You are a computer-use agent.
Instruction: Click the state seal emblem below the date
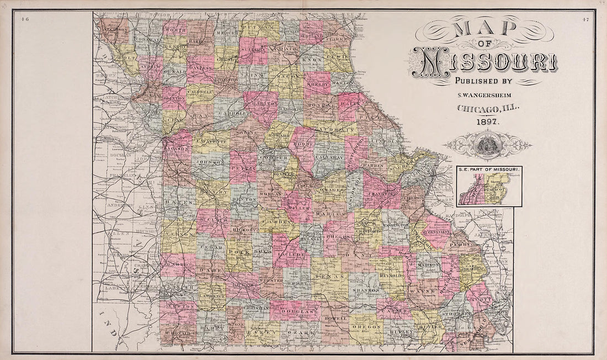tap(488, 145)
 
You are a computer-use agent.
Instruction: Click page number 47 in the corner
tap(585, 20)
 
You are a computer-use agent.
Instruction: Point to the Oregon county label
tap(366, 327)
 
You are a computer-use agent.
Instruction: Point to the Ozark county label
tap(302, 333)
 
